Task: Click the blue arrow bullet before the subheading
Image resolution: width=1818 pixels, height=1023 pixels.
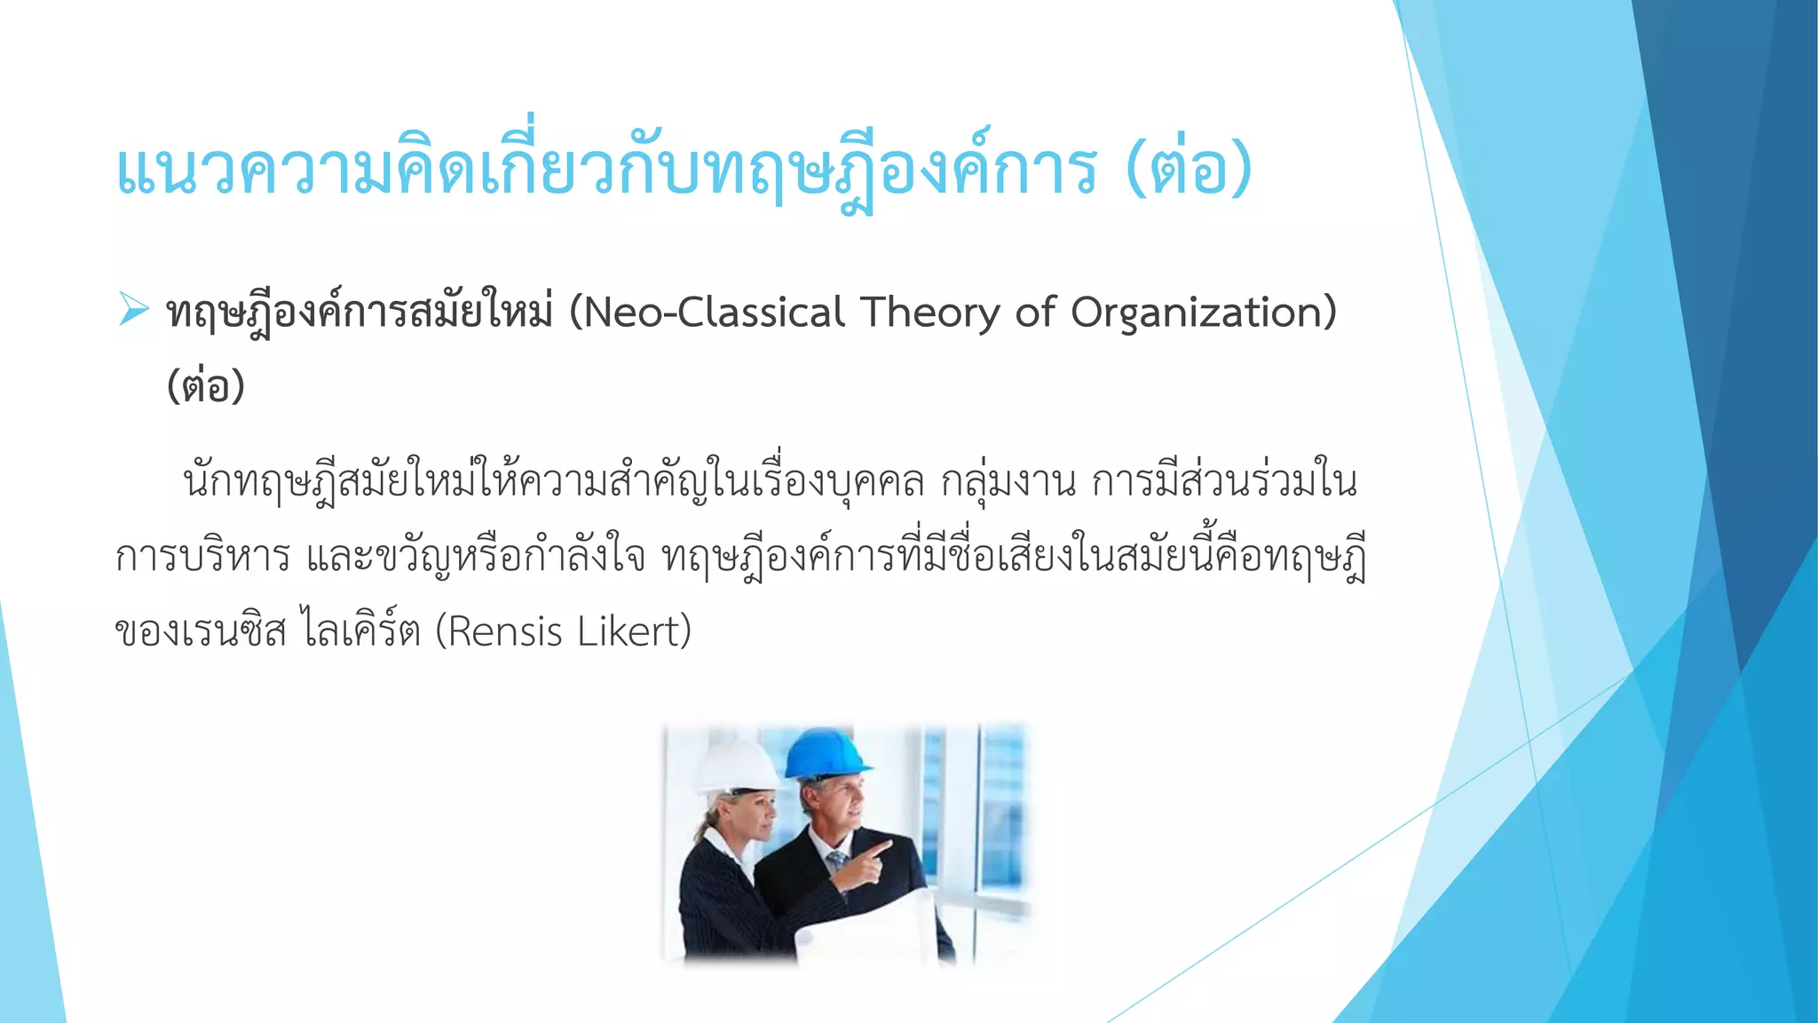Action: (133, 310)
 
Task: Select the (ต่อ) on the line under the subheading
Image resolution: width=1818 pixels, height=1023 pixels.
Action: (206, 386)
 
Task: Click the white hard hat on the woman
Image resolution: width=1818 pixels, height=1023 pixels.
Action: (737, 765)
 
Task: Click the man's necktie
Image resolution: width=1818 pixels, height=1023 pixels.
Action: (835, 860)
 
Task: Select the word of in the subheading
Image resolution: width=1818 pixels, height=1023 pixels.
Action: (1034, 313)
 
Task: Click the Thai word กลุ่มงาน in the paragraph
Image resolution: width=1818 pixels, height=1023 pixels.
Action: (1008, 482)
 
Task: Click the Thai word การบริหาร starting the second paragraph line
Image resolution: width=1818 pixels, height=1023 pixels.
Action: (203, 558)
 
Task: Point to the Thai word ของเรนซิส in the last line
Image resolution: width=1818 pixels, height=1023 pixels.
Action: (201, 632)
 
